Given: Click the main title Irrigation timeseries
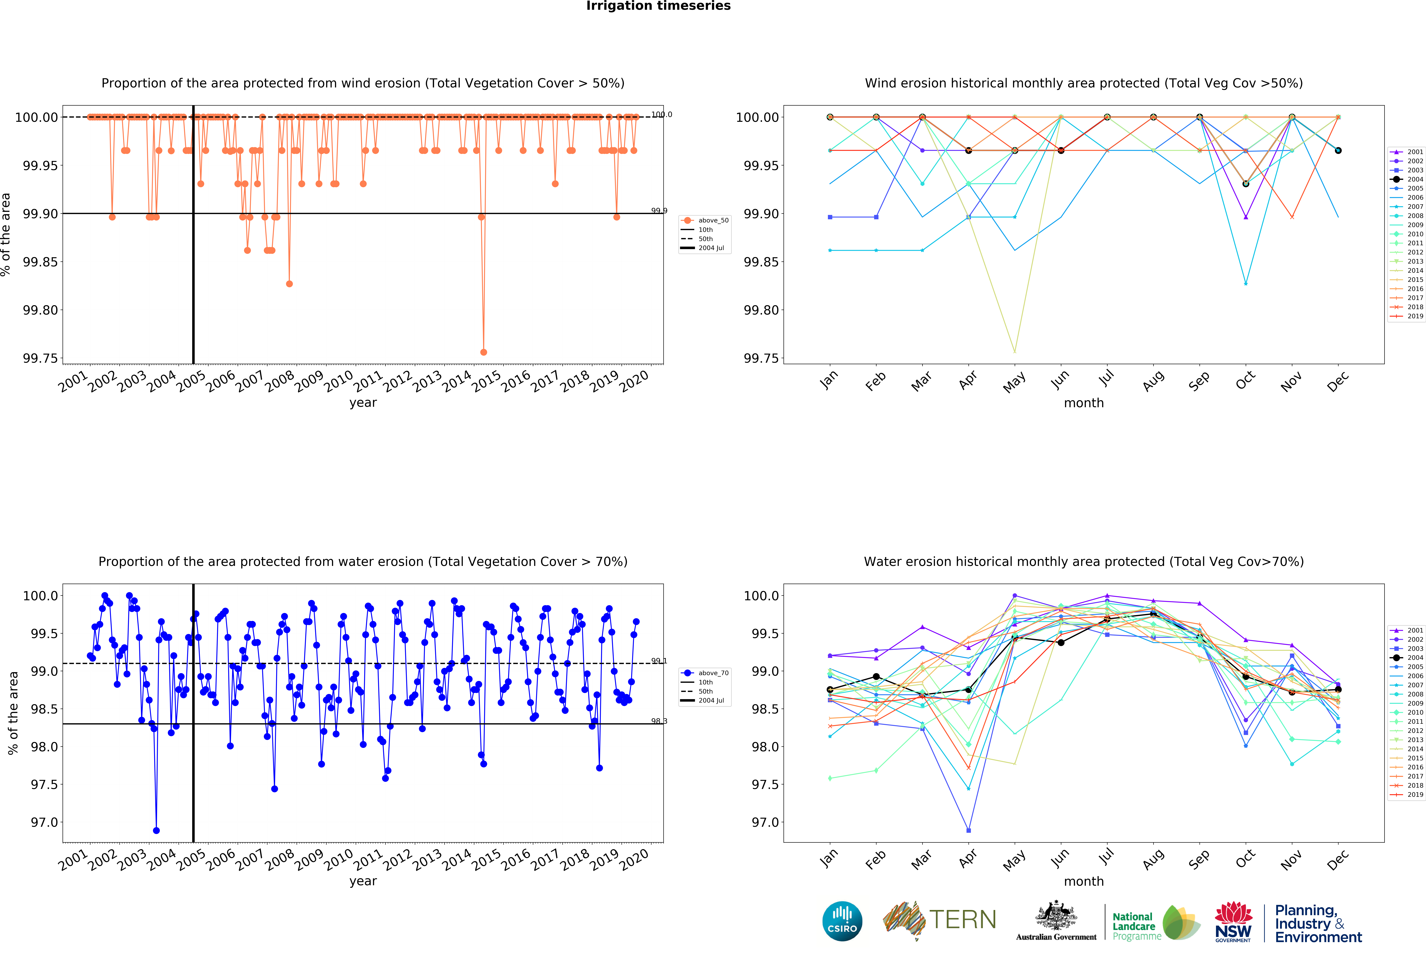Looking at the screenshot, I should click(x=658, y=6).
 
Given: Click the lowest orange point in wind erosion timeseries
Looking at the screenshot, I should click(x=483, y=352).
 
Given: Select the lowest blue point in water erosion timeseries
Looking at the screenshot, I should click(x=156, y=830).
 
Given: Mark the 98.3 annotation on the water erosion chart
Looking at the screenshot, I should click(x=659, y=721).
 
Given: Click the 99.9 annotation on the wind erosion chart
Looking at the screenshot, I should click(x=659, y=211).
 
